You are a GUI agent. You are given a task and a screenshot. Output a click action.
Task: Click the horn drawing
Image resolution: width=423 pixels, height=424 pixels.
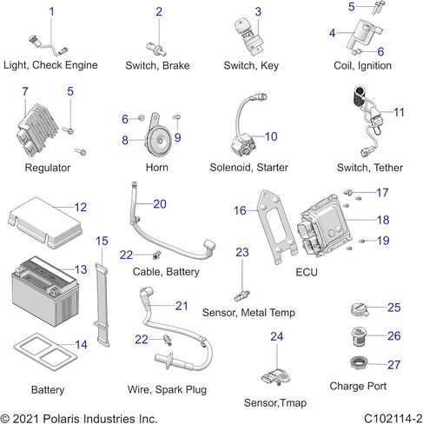(x=158, y=138)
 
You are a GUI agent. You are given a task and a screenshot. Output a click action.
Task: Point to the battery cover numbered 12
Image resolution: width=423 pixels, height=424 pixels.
(x=45, y=222)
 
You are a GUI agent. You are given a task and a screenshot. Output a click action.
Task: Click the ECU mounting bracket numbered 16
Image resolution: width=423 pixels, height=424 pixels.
(x=277, y=226)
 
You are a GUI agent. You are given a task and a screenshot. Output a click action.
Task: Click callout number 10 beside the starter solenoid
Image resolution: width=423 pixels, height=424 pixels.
(x=271, y=136)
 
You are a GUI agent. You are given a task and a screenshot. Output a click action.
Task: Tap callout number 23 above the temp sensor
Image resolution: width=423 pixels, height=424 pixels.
(x=242, y=252)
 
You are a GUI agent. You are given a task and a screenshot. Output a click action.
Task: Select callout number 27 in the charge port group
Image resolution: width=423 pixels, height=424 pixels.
(x=394, y=365)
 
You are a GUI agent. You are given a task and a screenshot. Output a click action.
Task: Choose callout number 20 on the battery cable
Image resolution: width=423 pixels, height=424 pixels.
(x=160, y=204)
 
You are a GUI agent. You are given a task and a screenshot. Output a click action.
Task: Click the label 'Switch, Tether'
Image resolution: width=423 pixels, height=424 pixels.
(x=370, y=168)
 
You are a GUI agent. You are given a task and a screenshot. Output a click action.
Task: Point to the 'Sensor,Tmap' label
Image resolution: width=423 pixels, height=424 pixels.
(x=275, y=402)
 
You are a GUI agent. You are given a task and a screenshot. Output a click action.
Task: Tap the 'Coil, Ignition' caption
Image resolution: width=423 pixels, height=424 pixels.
(x=362, y=65)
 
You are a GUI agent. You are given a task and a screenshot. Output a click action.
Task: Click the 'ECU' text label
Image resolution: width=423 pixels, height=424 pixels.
(x=307, y=272)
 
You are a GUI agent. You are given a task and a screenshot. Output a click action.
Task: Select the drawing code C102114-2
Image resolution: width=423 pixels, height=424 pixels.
(x=393, y=419)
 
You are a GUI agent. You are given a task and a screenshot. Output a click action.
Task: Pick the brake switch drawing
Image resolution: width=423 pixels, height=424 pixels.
(x=156, y=50)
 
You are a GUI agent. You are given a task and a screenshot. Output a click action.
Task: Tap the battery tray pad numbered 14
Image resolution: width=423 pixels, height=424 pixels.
(x=45, y=352)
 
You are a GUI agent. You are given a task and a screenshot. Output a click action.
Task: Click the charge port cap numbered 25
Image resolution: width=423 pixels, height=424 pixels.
(x=359, y=309)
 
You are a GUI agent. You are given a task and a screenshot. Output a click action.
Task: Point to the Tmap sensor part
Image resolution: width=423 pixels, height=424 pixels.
(x=276, y=376)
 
